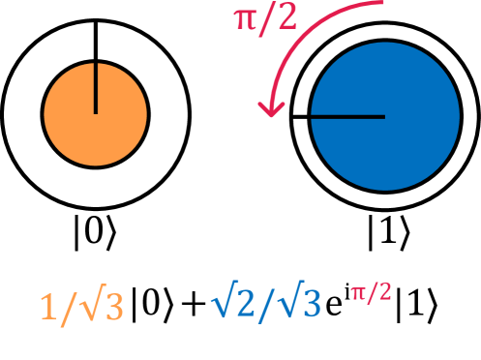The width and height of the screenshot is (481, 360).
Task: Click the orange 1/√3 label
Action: (x=81, y=308)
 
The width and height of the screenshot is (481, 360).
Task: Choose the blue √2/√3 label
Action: (x=265, y=304)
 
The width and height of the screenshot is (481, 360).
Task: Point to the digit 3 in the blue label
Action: (x=308, y=305)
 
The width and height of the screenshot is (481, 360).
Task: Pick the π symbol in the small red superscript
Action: (x=358, y=292)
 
